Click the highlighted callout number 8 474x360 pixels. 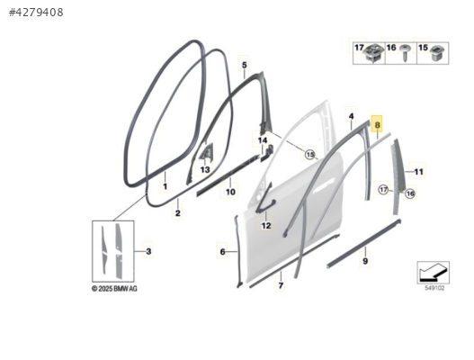377,124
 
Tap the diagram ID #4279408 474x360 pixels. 36,13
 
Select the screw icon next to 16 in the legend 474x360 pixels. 405,52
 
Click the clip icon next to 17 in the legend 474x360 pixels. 374,52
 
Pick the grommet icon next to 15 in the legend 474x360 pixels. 437,52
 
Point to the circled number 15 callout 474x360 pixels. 310,155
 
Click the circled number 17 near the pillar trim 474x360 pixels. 383,190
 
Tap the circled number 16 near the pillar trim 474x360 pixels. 410,193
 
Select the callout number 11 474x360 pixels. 418,172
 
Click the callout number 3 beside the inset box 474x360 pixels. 148,251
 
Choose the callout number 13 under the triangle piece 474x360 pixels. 205,170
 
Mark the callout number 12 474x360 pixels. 266,226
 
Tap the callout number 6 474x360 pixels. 222,252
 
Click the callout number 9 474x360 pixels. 365,261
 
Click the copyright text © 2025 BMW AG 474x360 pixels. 114,289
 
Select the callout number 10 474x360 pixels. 230,192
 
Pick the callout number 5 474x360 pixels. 245,65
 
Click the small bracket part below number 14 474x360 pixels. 264,153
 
